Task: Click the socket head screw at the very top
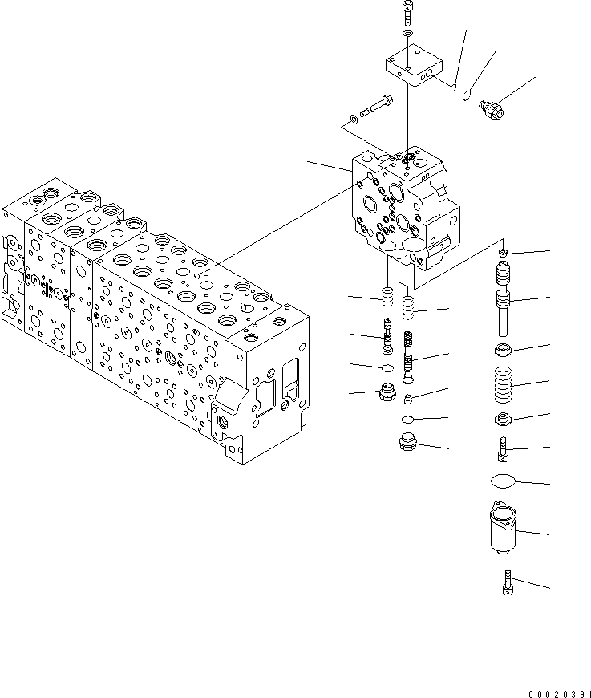407,10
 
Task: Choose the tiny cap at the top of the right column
504,254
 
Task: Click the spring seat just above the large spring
504,350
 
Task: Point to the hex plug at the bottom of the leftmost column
387,395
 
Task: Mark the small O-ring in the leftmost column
387,368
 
